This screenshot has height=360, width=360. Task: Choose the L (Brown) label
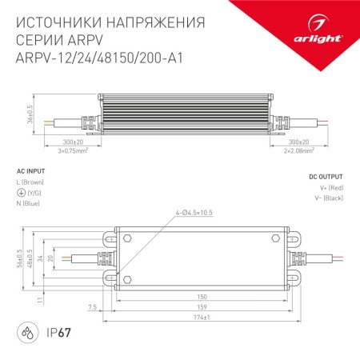pyautogui.click(x=34, y=183)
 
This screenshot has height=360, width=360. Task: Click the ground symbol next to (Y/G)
pyautogui.click(x=21, y=193)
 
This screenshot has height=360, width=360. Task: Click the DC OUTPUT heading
pyautogui.click(x=326, y=177)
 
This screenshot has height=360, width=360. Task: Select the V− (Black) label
pyautogui.click(x=328, y=197)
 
